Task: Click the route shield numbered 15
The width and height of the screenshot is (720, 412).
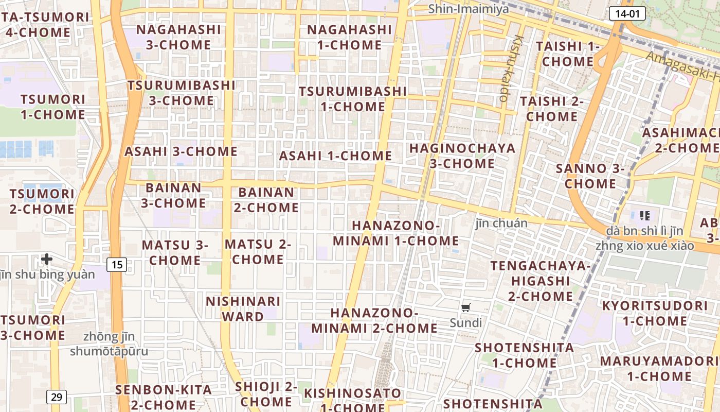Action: pos(117,265)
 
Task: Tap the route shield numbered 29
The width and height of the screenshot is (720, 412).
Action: pos(57,397)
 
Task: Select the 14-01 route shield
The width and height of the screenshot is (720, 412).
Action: pos(627,14)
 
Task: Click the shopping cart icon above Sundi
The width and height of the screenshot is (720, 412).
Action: pos(465,308)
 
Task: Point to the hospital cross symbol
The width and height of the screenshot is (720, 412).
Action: pos(47,259)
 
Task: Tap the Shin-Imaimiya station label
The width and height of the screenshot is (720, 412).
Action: pos(469,9)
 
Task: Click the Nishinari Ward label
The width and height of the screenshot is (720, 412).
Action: pos(243,308)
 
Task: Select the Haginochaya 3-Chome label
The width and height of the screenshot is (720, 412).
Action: pos(462,156)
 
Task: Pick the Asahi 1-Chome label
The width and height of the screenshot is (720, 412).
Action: pos(335,156)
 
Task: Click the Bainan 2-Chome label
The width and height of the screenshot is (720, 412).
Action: pos(266,200)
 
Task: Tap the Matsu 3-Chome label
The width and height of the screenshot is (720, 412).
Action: pos(175,252)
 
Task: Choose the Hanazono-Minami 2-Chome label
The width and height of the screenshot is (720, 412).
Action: pos(374,320)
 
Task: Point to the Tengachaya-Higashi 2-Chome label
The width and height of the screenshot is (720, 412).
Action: pos(541,281)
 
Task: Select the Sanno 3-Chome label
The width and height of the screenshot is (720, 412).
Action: pos(590,176)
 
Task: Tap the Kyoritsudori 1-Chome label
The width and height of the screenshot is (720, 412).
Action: pos(655,313)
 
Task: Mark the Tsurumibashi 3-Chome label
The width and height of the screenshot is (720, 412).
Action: pos(181,93)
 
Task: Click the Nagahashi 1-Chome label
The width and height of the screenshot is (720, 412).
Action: pos(350,37)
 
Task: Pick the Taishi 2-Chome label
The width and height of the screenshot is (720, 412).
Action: pos(552,109)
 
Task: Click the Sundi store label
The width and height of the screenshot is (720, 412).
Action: pos(466,323)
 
